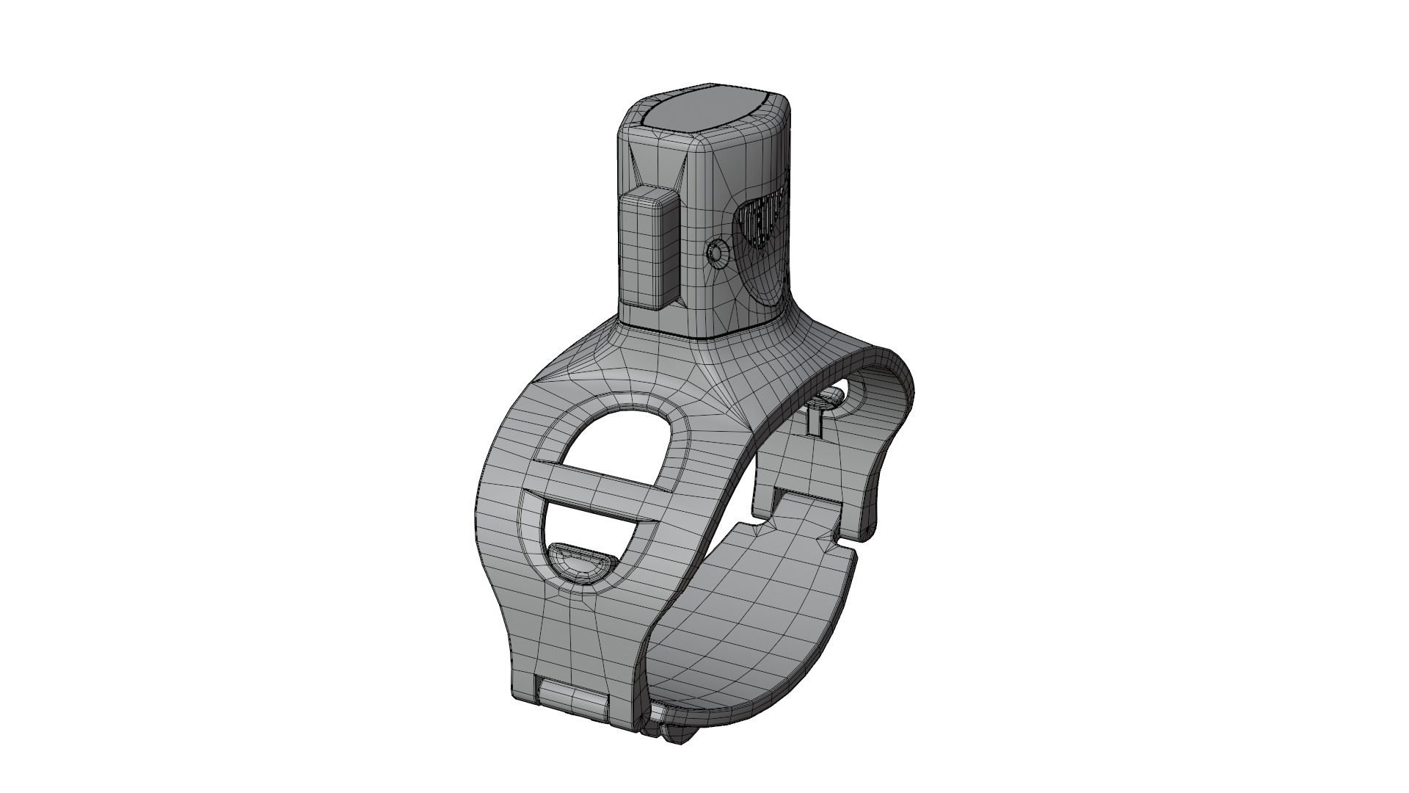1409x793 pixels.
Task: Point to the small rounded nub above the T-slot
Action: point(829,398)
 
